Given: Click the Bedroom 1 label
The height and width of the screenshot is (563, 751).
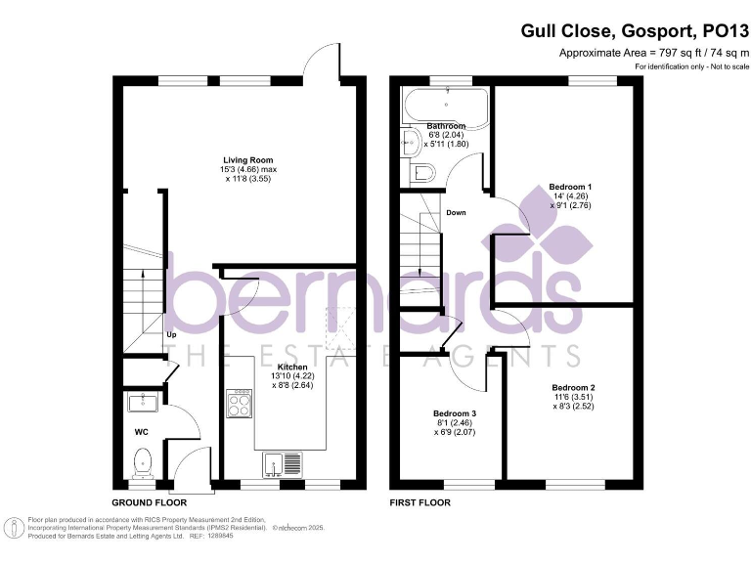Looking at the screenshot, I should [x=571, y=186].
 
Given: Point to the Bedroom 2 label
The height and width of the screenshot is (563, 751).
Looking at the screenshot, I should [x=572, y=387].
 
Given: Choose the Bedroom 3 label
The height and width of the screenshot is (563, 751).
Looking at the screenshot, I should [x=454, y=413].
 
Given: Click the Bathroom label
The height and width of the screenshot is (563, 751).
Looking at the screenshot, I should [x=446, y=126].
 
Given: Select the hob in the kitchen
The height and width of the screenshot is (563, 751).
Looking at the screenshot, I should [x=240, y=403].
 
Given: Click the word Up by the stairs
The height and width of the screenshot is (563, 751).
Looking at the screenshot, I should [x=170, y=335].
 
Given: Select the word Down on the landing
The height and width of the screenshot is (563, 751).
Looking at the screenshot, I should [x=456, y=212].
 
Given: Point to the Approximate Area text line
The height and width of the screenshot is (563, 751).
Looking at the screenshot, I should [x=648, y=52].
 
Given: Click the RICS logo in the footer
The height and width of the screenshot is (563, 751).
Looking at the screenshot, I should [x=15, y=529].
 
